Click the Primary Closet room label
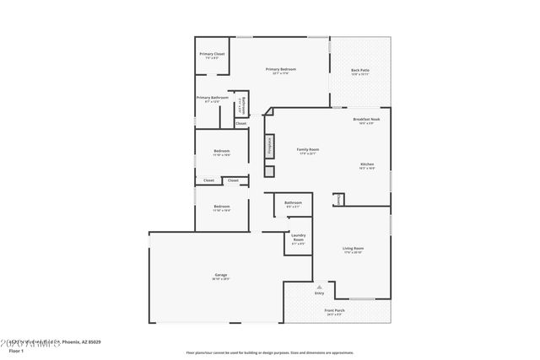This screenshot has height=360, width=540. click(213, 56)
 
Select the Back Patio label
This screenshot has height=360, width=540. click(360, 72)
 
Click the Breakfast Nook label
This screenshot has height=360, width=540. click(366, 121)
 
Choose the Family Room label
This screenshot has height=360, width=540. click(307, 151)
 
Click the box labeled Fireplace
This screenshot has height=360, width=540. click(269, 146)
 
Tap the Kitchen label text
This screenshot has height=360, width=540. click(367, 165)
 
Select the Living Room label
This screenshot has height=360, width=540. click(353, 250)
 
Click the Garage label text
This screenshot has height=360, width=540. click(220, 277)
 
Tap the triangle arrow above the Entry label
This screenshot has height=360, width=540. click(318, 286)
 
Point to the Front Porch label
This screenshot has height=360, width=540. click(335, 311)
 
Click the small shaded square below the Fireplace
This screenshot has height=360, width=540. click(269, 171)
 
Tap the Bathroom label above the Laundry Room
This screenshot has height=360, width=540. click(293, 204)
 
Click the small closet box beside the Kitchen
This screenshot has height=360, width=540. click(338, 200)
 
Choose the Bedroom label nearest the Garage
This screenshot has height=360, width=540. click(221, 207)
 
